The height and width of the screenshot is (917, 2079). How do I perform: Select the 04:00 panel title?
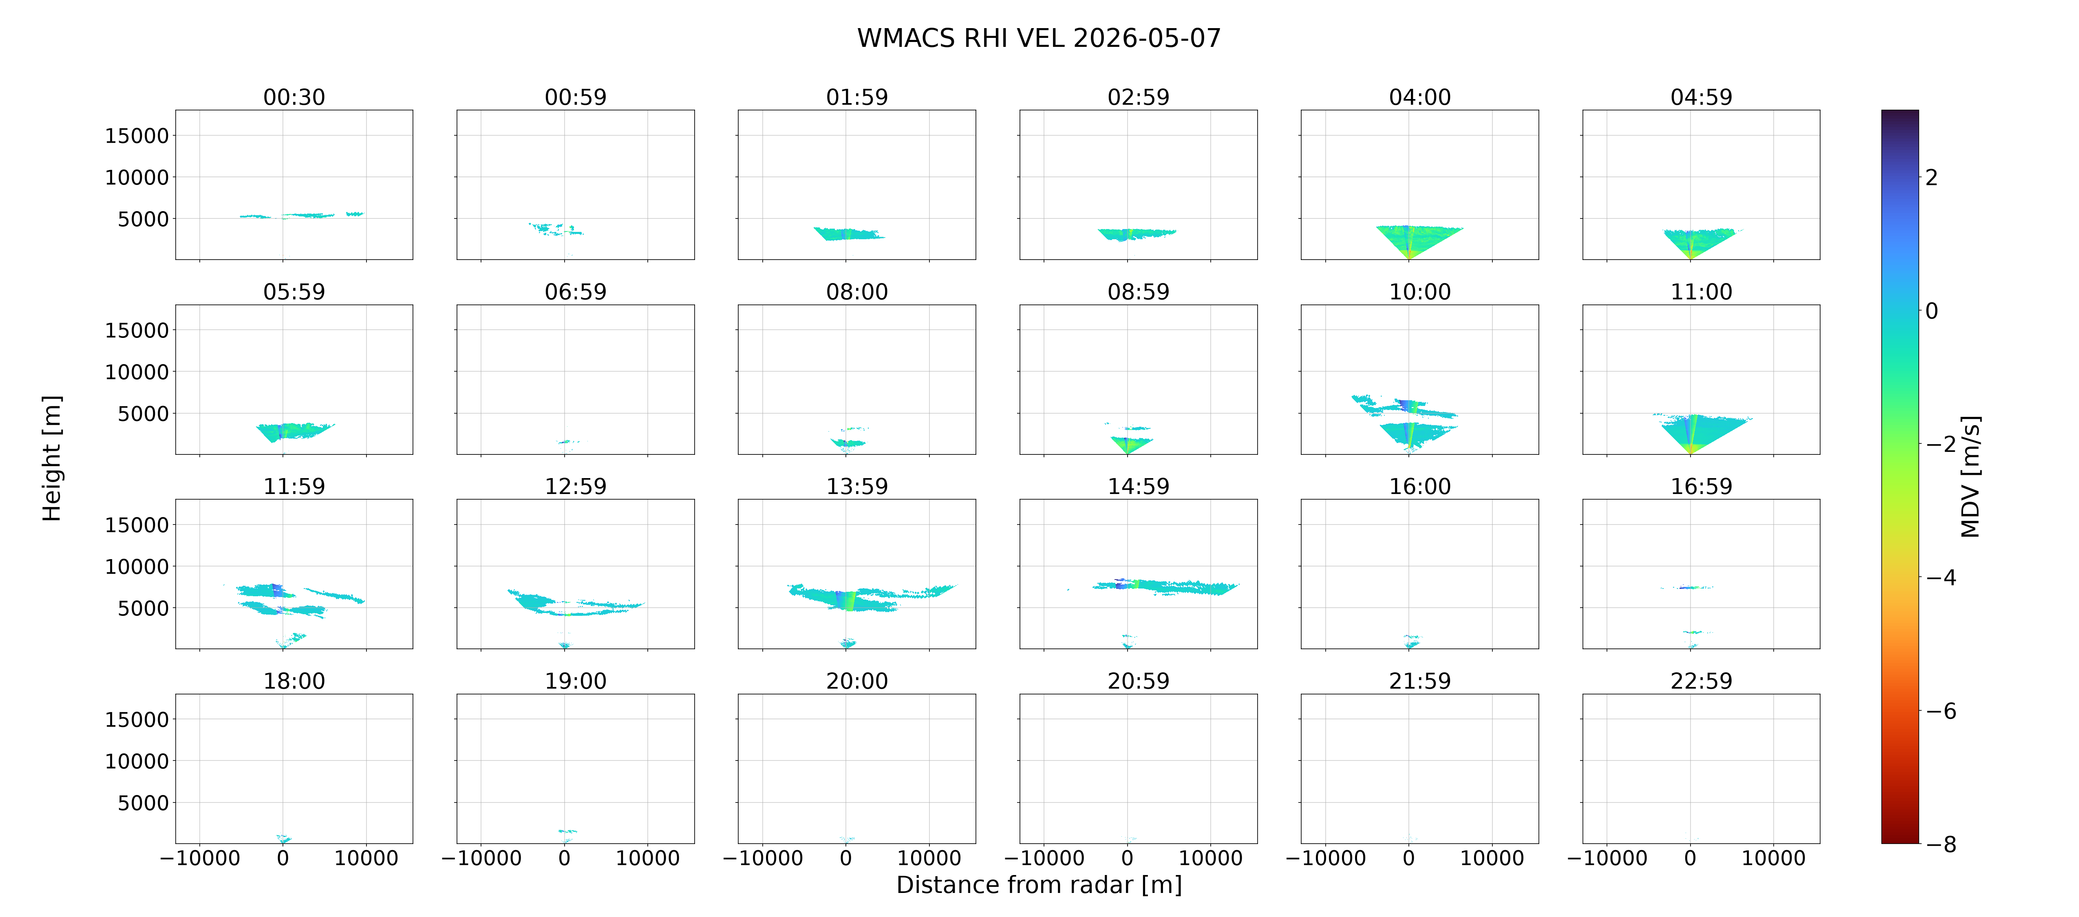pos(1419,98)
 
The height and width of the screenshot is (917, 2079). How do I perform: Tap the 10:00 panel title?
pos(1419,292)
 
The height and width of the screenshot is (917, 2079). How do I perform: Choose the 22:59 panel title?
pos(1701,681)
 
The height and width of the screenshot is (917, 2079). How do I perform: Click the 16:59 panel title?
pos(1701,487)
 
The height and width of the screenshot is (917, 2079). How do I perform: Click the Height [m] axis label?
pos(52,458)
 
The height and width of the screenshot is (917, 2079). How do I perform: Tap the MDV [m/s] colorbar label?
pos(1970,476)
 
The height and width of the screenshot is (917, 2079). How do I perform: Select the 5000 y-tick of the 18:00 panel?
pos(143,803)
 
